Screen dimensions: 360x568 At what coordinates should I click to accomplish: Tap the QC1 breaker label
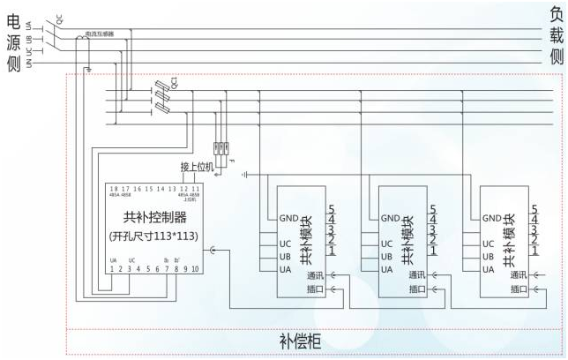174,83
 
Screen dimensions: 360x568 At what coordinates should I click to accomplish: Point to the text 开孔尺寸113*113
149,236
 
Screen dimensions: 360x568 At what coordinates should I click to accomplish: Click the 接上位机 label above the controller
197,167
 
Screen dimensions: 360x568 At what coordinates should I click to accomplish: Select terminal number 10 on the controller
195,268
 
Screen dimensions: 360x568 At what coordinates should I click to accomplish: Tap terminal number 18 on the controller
113,189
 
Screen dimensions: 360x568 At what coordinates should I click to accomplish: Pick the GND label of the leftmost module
288,218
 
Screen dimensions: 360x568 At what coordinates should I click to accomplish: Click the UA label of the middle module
386,269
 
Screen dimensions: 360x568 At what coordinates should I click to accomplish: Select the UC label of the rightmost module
489,244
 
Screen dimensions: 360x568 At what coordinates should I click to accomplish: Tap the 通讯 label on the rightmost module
519,275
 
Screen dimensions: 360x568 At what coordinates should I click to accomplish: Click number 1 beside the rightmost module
534,252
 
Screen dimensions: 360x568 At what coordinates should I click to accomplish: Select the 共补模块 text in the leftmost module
305,240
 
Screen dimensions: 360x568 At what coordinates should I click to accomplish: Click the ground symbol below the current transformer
88,70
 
